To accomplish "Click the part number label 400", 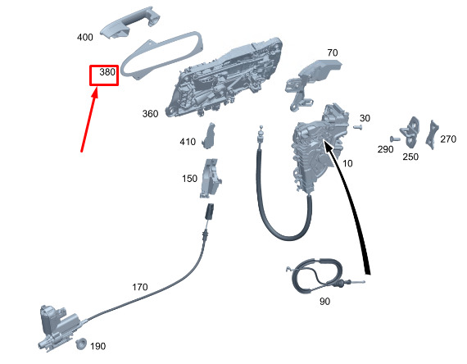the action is coord(85,37).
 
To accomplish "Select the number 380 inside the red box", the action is coord(107,72).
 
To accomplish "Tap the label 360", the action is coord(150,114).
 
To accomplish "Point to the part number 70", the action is coord(333,52).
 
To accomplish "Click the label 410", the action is coord(188,141).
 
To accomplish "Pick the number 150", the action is coord(189,179).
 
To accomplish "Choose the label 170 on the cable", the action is coord(139,287).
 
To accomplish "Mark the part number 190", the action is coord(97,346).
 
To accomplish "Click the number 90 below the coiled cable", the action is coord(324,302).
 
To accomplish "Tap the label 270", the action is coord(448,139).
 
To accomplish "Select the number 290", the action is coord(385,149).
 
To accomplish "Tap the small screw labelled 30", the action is coord(358,127).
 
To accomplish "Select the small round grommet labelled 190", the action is coord(81,344).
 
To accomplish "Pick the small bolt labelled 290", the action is coord(395,139).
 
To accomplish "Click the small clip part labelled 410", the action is coord(210,135).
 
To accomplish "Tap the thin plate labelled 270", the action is coord(433,135).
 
